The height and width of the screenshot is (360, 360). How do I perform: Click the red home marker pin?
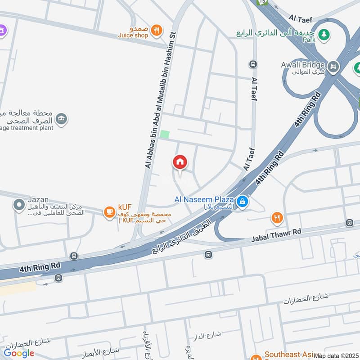coord(180,162)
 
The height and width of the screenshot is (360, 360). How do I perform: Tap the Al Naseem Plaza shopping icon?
coord(242,201)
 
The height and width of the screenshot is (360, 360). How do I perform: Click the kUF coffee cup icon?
coord(109,211)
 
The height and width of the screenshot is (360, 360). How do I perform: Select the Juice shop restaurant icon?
coord(156,30)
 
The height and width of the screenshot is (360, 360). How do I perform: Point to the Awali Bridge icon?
coord(333,67)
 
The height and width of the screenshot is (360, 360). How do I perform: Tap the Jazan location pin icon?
coord(19,205)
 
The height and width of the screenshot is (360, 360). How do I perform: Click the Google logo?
coord(19,353)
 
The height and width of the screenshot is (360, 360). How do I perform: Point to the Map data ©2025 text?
coord(337,355)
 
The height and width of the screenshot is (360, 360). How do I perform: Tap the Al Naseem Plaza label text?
coord(204,199)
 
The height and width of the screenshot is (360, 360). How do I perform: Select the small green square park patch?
coord(165,134)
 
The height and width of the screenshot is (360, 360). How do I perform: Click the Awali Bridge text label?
coord(306,65)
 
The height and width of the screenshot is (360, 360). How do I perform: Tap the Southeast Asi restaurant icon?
coord(257,354)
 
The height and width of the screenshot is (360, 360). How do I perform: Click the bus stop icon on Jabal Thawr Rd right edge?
coord(350,223)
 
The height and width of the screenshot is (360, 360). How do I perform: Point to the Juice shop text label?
coord(133,35)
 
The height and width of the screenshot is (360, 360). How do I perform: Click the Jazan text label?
coord(38,199)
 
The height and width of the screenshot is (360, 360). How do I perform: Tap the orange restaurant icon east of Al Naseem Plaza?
coord(277,218)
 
